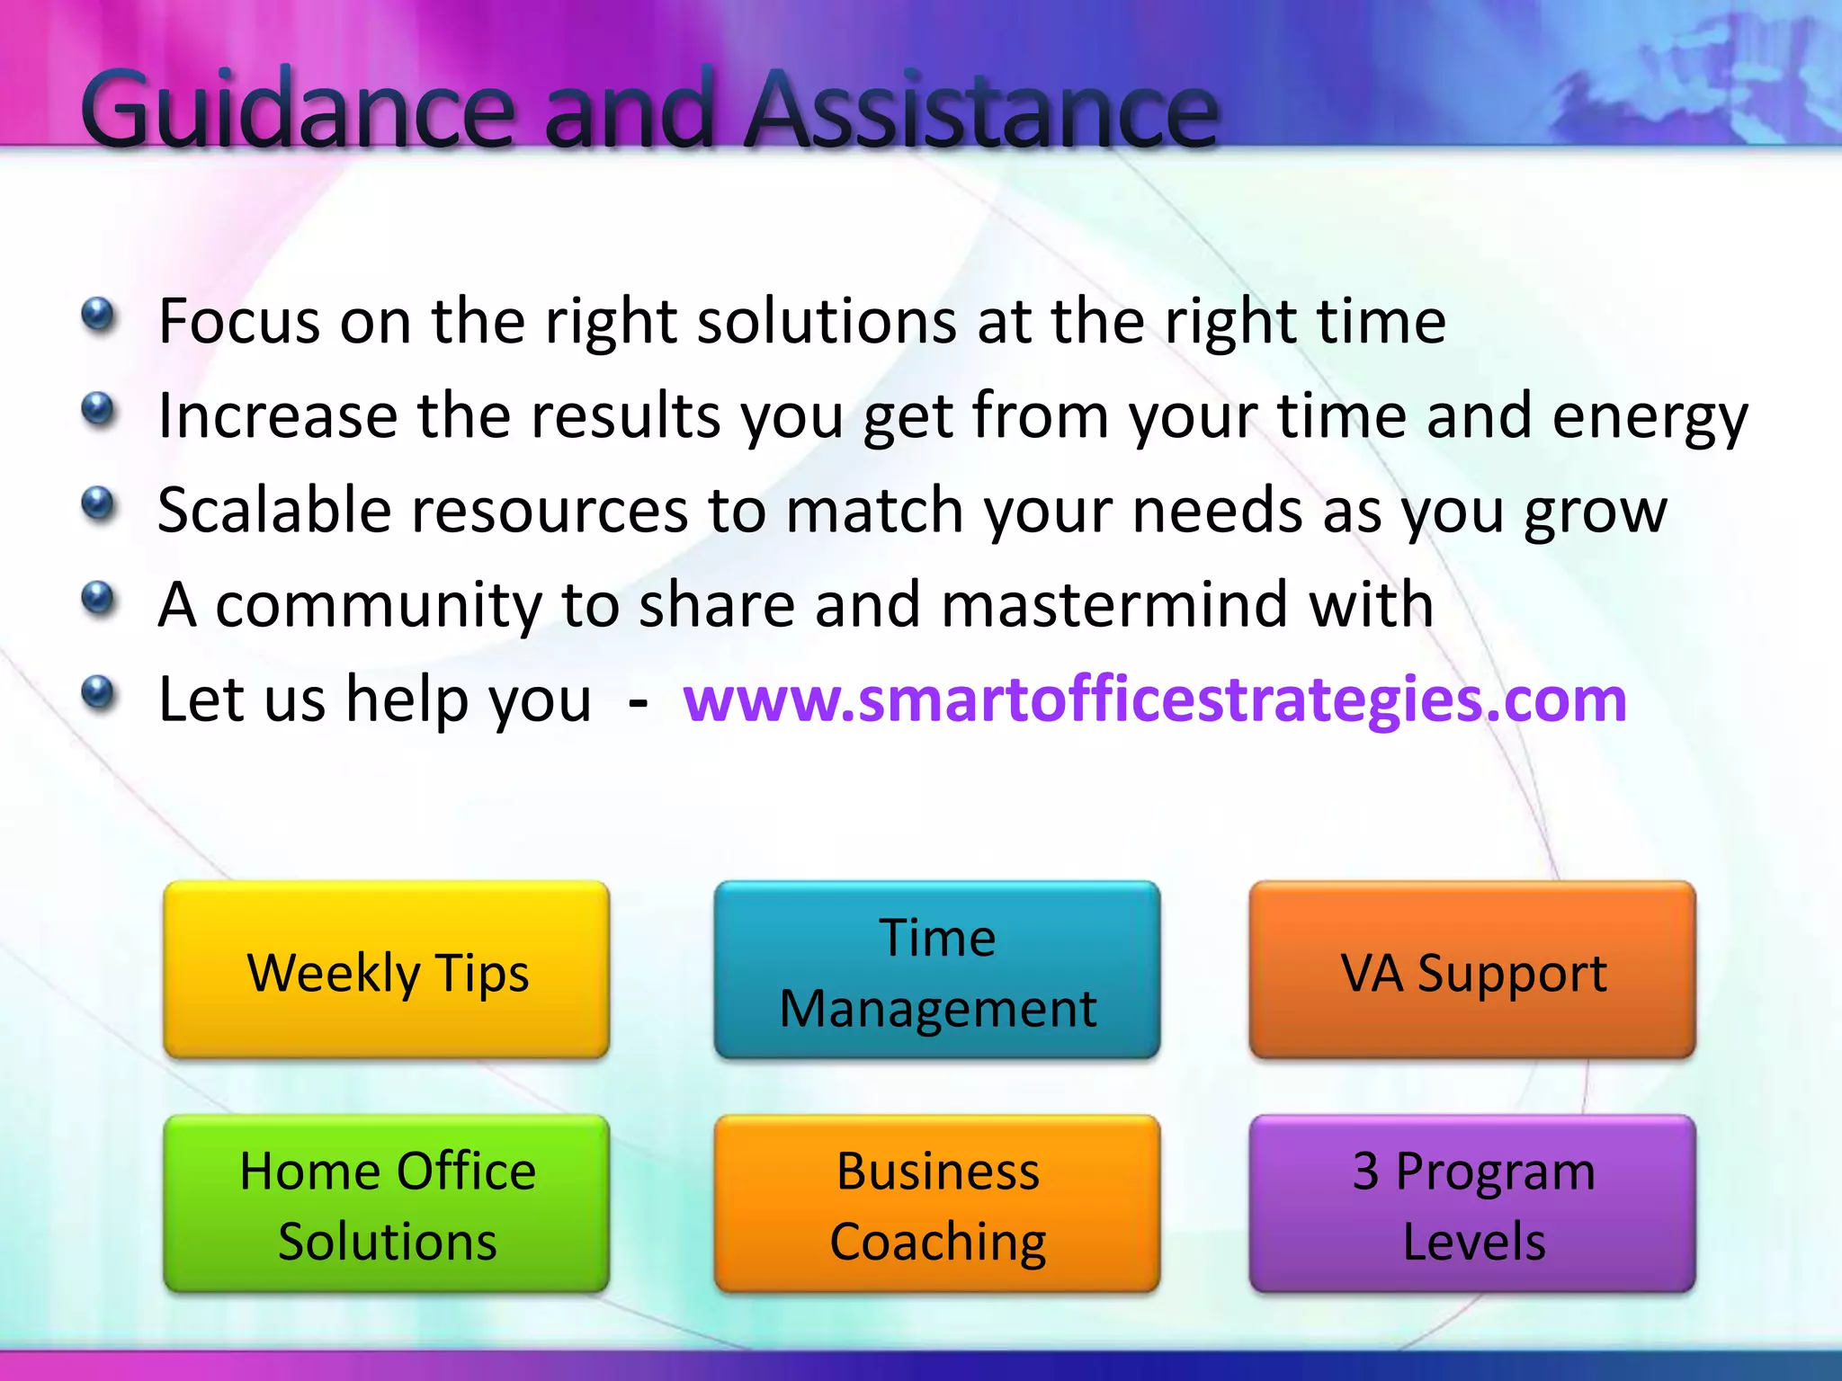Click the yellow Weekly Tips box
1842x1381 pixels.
[387, 971]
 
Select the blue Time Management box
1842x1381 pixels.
[937, 971]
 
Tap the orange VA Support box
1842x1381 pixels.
[1472, 971]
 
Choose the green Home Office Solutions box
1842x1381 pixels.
[387, 1205]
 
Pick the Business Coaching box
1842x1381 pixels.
[937, 1205]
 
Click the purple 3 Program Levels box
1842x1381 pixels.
[1472, 1205]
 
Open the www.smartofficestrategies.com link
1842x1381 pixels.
[1155, 699]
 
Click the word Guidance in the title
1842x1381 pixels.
[297, 110]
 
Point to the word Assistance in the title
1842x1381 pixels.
[980, 110]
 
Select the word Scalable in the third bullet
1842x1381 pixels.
[273, 510]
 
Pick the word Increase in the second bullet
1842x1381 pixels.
[277, 415]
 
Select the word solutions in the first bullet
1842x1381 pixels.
[827, 321]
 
